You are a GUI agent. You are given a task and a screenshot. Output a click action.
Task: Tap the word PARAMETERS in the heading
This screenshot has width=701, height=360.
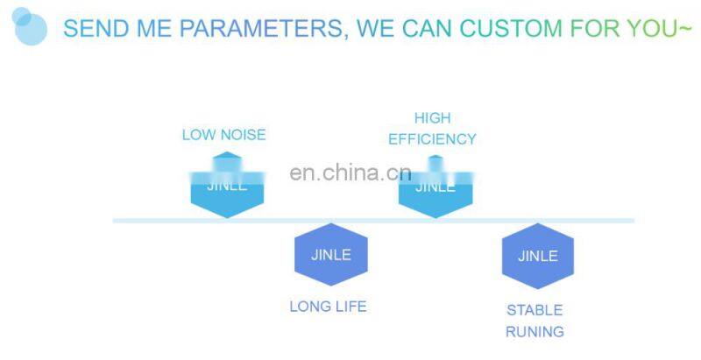pyautogui.click(x=256, y=28)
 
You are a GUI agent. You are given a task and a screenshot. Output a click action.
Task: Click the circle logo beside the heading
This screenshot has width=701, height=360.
pyautogui.click(x=29, y=25)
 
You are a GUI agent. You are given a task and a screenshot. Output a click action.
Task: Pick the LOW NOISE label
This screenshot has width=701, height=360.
pyautogui.click(x=223, y=135)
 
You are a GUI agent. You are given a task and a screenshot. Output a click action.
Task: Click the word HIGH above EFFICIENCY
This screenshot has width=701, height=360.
pyautogui.click(x=432, y=117)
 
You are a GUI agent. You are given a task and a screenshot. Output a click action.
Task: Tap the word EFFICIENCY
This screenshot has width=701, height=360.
pyautogui.click(x=432, y=139)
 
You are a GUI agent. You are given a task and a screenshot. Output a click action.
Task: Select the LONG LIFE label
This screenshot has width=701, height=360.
pyautogui.click(x=328, y=307)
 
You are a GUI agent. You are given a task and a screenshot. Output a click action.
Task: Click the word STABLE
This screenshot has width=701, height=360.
pyautogui.click(x=535, y=310)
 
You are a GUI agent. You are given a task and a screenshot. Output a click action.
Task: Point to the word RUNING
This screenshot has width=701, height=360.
pyautogui.click(x=535, y=332)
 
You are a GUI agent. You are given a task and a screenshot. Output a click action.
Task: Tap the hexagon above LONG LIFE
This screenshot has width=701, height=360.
pyautogui.click(x=330, y=255)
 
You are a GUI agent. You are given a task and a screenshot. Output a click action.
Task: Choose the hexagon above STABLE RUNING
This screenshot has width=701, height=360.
pyautogui.click(x=537, y=256)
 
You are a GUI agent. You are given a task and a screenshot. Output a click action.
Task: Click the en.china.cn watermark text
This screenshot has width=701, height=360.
pyautogui.click(x=350, y=173)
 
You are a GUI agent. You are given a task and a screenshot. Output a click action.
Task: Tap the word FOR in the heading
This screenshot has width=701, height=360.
pyautogui.click(x=595, y=28)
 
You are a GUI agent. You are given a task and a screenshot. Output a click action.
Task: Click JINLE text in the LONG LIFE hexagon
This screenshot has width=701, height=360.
pyautogui.click(x=330, y=255)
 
